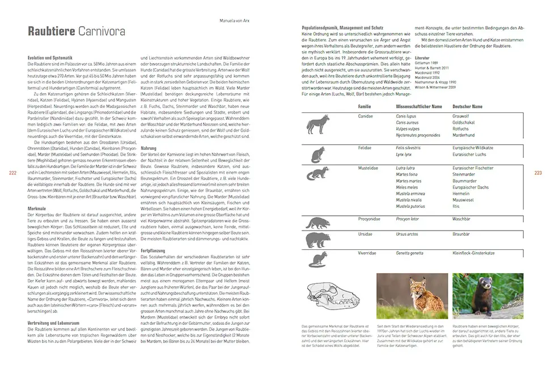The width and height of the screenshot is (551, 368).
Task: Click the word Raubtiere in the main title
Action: point(48,31)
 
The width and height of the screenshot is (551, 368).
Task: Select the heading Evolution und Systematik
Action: point(51,58)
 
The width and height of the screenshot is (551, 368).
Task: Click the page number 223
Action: point(538,173)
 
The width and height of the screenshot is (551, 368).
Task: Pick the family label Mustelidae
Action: point(368,168)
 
